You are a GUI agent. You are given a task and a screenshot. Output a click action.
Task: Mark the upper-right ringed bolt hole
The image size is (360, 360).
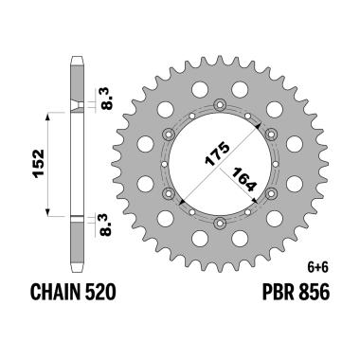click(271, 134)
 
